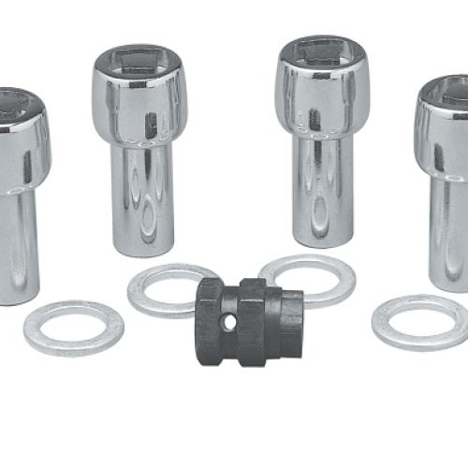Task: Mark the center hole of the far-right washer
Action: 421,322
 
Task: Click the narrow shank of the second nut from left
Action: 142,197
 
